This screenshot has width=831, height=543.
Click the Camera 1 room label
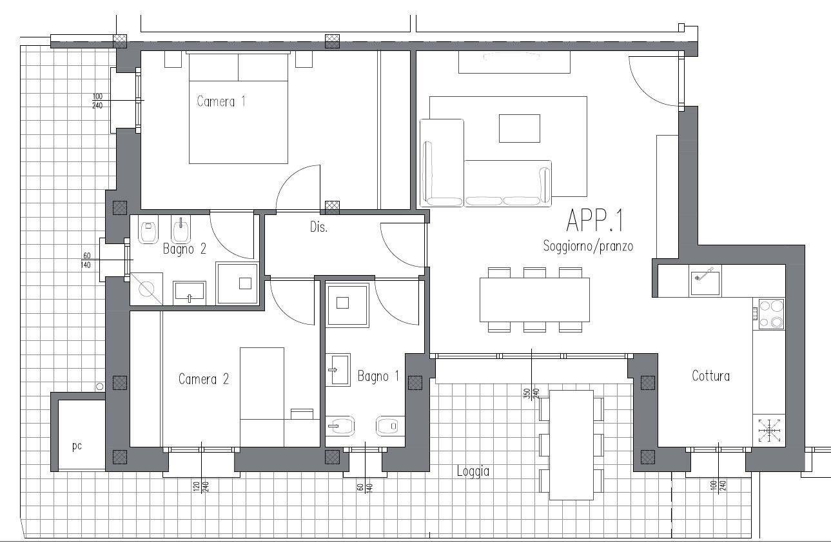click(x=221, y=101)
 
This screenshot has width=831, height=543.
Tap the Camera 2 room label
click(x=204, y=379)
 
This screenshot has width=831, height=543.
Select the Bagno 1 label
click(x=378, y=376)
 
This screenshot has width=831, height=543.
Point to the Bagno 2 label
click(x=184, y=249)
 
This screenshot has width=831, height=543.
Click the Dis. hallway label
click(x=319, y=227)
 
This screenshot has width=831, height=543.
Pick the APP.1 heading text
click(x=594, y=220)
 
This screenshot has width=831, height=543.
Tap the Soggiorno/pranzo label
click(x=588, y=246)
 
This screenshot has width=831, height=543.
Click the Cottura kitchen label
click(x=711, y=376)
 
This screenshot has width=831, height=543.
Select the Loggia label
click(x=473, y=471)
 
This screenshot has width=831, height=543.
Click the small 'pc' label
click(x=77, y=446)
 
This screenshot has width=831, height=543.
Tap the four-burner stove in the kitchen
click(x=771, y=314)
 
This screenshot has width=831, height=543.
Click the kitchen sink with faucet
click(x=705, y=281)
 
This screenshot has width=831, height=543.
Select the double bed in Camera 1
click(x=238, y=108)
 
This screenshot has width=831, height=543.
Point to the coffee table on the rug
click(x=520, y=128)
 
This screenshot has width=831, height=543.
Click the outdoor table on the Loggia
click(x=571, y=446)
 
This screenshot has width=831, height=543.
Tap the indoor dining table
click(x=534, y=300)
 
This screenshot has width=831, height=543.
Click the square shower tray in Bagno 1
click(x=347, y=305)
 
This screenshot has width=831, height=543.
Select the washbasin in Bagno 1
click(x=338, y=369)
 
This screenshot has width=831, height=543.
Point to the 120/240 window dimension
click(x=201, y=487)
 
